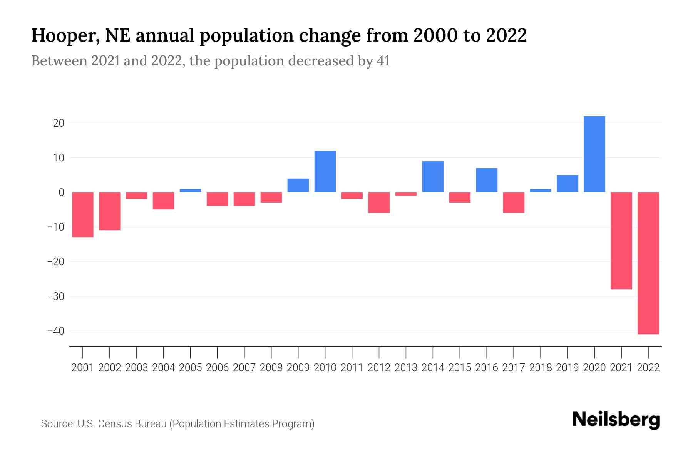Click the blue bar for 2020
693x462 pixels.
click(594, 154)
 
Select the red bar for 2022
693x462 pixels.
click(648, 263)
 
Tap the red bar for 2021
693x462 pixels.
click(621, 241)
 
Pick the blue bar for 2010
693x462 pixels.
click(325, 171)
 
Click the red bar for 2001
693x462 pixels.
click(83, 214)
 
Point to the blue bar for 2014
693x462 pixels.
click(433, 177)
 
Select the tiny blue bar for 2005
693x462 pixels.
click(191, 190)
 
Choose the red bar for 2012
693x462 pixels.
click(379, 203)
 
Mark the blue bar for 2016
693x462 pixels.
click(487, 180)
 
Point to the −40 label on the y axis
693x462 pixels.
click(55, 331)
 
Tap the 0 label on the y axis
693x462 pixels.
click(61, 192)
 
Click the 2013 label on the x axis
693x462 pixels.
click(406, 368)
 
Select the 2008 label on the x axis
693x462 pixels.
click(271, 368)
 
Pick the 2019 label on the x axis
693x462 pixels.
click(567, 368)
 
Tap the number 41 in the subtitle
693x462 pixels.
click(383, 61)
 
